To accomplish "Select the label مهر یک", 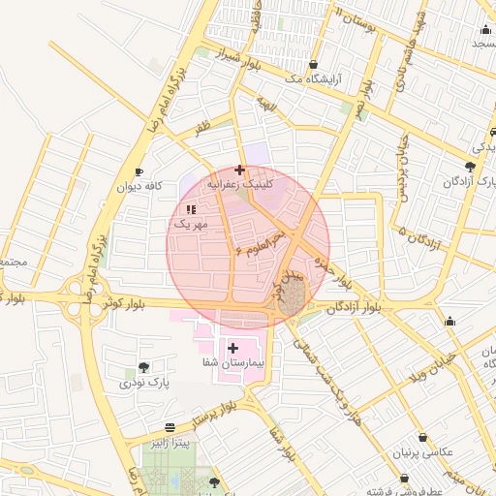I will tap(191, 224).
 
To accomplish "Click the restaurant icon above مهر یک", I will tap(191, 208).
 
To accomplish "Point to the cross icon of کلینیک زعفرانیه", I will tap(239, 170).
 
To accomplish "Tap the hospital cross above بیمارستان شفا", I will tap(232, 346).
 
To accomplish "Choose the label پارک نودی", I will tap(144, 384).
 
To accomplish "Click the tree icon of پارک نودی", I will tap(143, 367).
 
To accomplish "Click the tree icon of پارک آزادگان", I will tap(470, 167).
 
